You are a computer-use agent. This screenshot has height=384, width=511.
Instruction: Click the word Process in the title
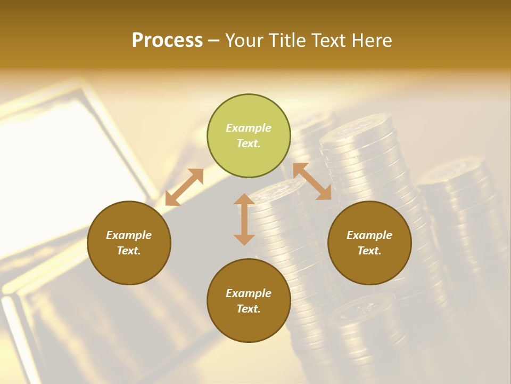(x=167, y=41)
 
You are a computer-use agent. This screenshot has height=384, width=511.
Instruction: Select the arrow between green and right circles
(x=312, y=181)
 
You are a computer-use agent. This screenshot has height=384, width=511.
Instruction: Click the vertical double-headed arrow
(x=244, y=219)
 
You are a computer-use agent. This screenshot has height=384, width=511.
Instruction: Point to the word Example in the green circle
(x=249, y=128)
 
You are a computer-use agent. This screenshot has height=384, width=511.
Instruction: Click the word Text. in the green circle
(x=249, y=143)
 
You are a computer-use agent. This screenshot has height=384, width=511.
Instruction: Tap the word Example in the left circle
(x=129, y=235)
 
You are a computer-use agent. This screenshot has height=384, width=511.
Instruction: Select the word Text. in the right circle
(x=369, y=251)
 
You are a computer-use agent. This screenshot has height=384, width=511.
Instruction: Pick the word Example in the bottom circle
(x=249, y=293)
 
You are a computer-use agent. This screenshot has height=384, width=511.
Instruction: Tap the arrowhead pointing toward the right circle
(x=324, y=193)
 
